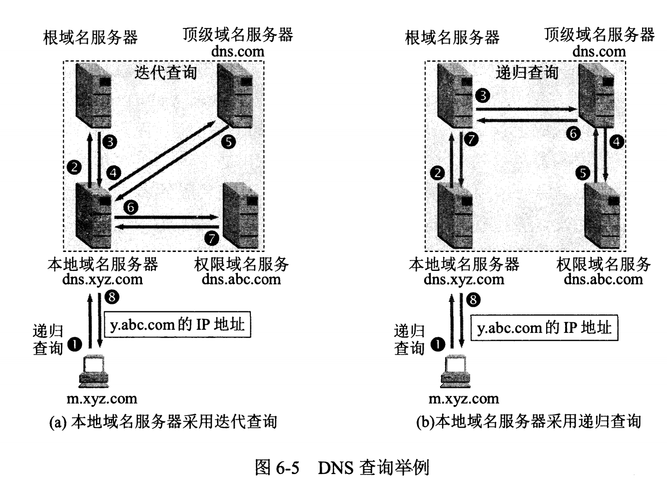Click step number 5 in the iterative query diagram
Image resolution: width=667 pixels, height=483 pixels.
coord(228,142)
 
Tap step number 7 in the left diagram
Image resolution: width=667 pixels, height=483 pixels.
coord(212,238)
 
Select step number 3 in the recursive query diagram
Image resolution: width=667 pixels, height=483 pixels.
coord(483,94)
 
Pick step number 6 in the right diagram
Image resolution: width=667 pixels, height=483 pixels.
coord(574,133)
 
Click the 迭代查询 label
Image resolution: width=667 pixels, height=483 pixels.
coord(165,73)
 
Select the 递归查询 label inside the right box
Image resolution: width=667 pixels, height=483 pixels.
coord(527,73)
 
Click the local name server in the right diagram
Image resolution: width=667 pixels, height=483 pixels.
coord(455,216)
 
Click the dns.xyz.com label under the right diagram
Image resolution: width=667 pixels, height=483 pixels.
coord(464,279)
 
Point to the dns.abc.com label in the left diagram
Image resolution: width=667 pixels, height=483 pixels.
coord(241,279)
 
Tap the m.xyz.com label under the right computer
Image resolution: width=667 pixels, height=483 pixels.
coord(464,399)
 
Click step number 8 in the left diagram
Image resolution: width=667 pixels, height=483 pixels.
coord(112,297)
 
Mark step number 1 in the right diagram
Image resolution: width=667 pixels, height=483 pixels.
coord(438,344)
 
